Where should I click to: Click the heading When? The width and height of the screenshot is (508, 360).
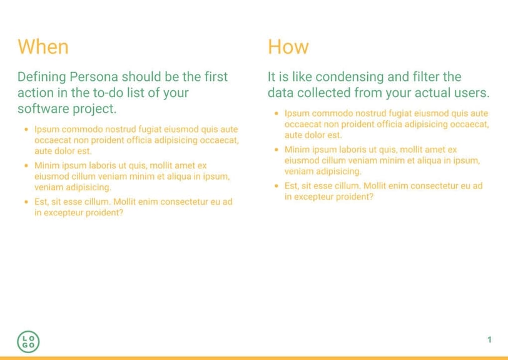43,47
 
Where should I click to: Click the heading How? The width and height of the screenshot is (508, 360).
288,47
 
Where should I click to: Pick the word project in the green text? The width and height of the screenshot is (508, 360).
93,108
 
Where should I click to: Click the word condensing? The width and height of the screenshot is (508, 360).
349,77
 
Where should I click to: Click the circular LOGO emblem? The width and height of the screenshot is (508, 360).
28,341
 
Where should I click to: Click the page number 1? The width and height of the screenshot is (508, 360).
489,340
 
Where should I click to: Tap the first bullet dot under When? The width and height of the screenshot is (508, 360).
26,129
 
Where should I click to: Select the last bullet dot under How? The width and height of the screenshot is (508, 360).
276,186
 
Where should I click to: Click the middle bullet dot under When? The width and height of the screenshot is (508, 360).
26,166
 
